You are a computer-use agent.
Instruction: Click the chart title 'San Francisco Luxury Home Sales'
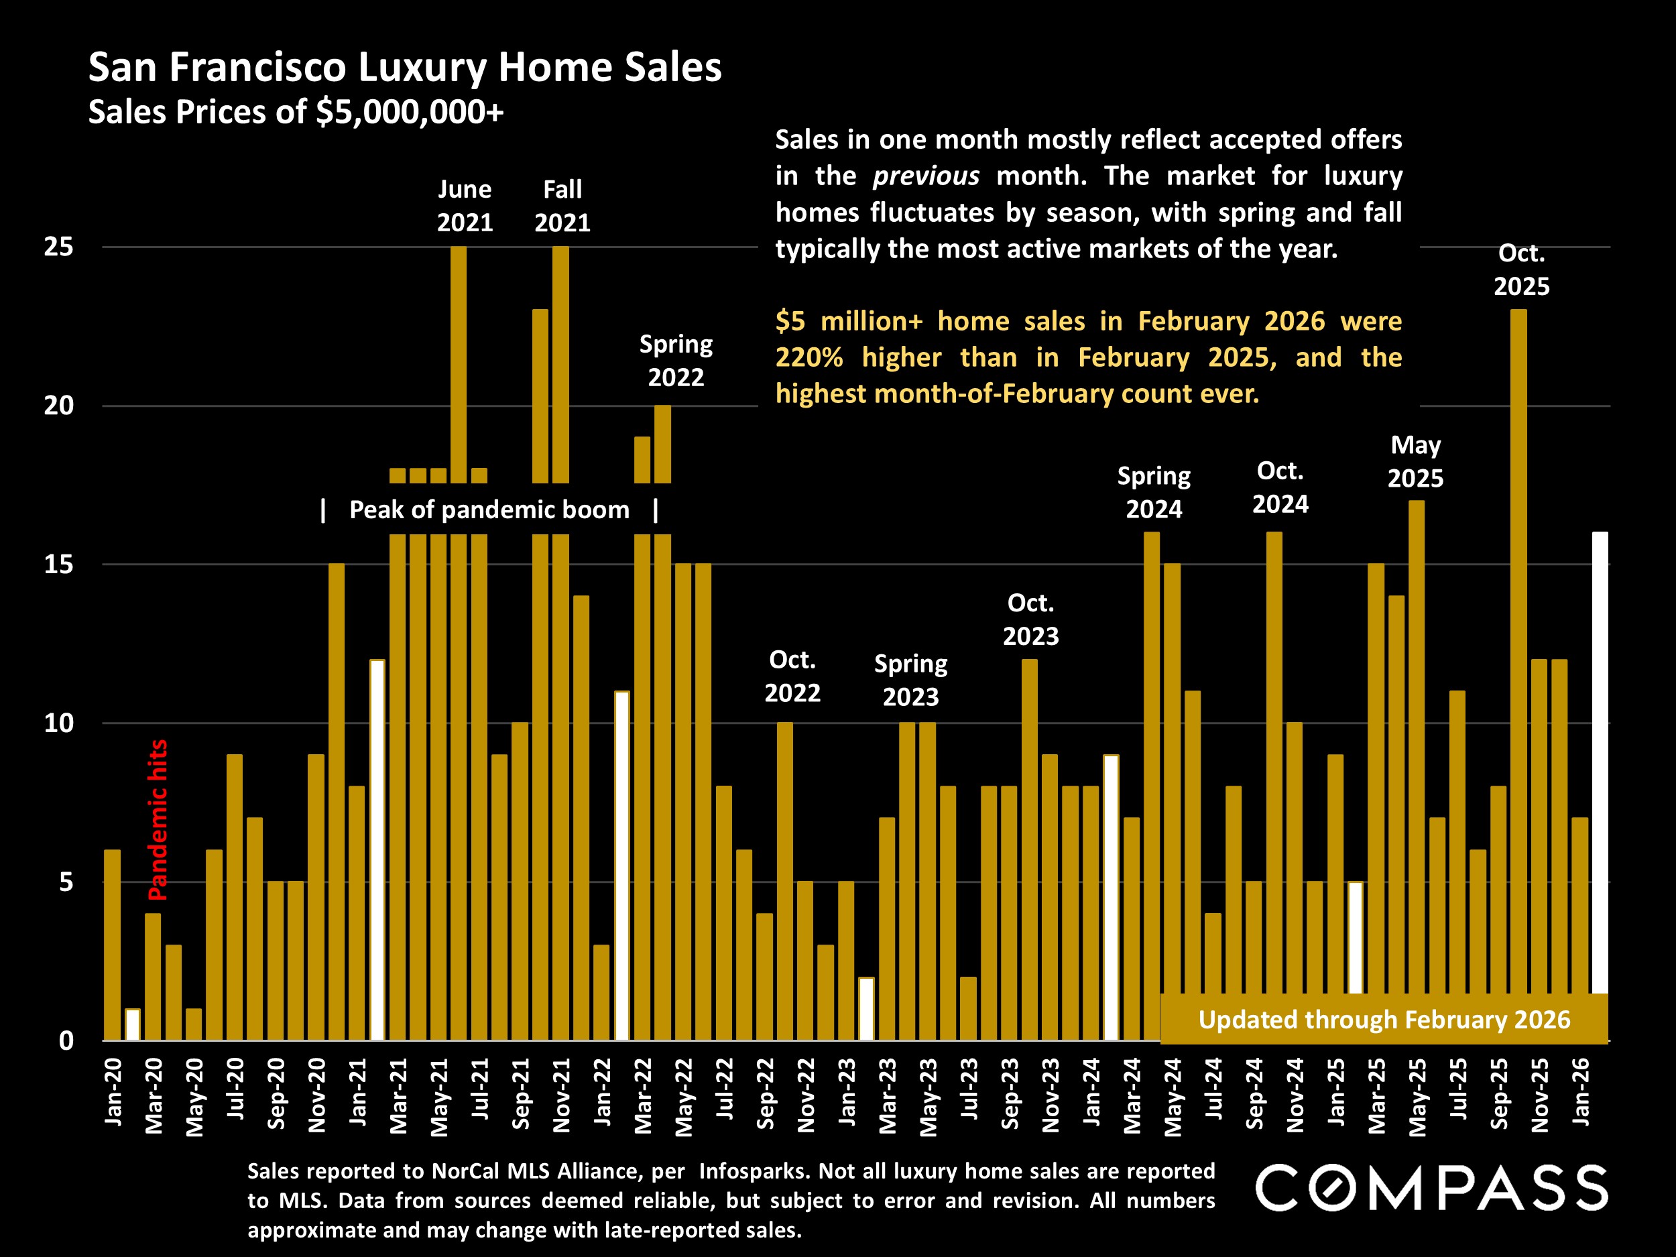click(x=405, y=68)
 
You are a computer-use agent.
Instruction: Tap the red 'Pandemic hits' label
click(x=158, y=820)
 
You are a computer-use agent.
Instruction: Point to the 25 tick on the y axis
click(x=58, y=246)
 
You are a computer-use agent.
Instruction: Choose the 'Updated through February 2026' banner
click(x=1384, y=1019)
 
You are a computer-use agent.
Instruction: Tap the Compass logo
click(x=1431, y=1187)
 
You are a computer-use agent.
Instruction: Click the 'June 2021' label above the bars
click(x=465, y=205)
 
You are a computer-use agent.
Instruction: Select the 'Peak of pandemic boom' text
click(x=489, y=510)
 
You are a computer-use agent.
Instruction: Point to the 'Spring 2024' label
click(x=1154, y=493)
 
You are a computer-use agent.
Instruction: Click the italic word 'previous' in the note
click(x=926, y=176)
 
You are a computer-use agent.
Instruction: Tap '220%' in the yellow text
click(x=809, y=357)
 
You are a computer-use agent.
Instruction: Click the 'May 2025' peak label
click(x=1415, y=461)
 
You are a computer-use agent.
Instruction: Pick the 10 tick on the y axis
click(x=58, y=723)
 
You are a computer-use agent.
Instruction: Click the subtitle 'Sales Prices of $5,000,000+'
click(x=296, y=112)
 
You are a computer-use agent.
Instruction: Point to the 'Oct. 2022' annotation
click(x=792, y=676)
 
